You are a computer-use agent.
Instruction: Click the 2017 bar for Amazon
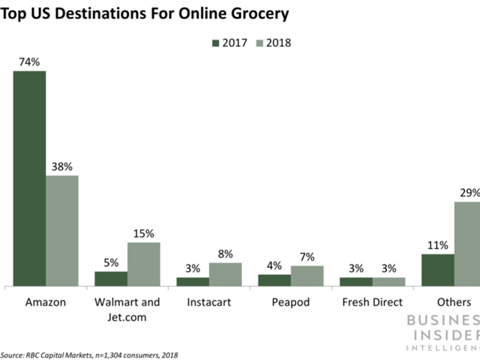point(29,178)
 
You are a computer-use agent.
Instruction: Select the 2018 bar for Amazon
point(62,230)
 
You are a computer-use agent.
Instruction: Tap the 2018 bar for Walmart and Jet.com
point(143,264)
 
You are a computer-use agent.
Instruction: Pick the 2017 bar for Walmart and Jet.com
point(111,279)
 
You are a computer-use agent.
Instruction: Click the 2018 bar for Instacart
point(225,274)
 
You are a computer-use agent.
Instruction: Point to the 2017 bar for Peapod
point(274,280)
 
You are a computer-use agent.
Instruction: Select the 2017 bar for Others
point(437,270)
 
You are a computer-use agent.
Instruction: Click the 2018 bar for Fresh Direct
point(388,281)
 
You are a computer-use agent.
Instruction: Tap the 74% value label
point(29,61)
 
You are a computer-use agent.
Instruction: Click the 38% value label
point(62,166)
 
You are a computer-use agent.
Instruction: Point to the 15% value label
point(143,233)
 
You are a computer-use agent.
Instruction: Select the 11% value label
point(437,245)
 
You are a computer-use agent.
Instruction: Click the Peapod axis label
point(290,302)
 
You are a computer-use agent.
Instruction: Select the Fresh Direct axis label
point(372,302)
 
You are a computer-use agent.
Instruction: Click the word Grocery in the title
point(259,13)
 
